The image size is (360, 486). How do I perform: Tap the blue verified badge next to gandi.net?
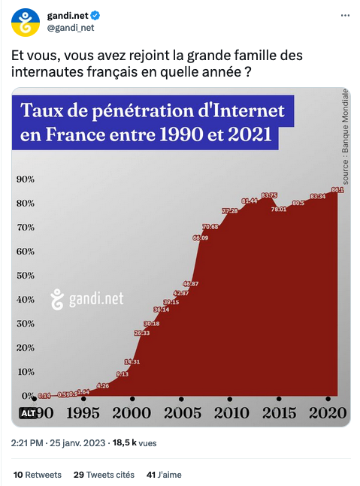(98, 16)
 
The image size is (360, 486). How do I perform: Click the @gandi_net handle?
(71, 29)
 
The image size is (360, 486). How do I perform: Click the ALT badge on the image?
(29, 413)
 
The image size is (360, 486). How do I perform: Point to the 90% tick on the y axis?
(26, 180)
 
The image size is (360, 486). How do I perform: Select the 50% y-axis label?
(26, 275)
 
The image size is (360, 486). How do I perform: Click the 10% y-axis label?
(26, 371)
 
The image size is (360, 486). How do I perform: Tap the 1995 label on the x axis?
(83, 413)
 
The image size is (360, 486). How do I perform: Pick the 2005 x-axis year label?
(182, 413)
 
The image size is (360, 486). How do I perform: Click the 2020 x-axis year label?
(328, 413)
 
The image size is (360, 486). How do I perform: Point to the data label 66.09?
(201, 237)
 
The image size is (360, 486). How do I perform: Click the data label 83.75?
(269, 195)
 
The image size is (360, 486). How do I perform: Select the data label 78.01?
(279, 209)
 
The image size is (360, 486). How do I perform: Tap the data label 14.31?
(132, 361)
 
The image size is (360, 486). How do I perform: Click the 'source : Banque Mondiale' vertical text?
(345, 136)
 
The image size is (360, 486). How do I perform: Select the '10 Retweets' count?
(38, 475)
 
